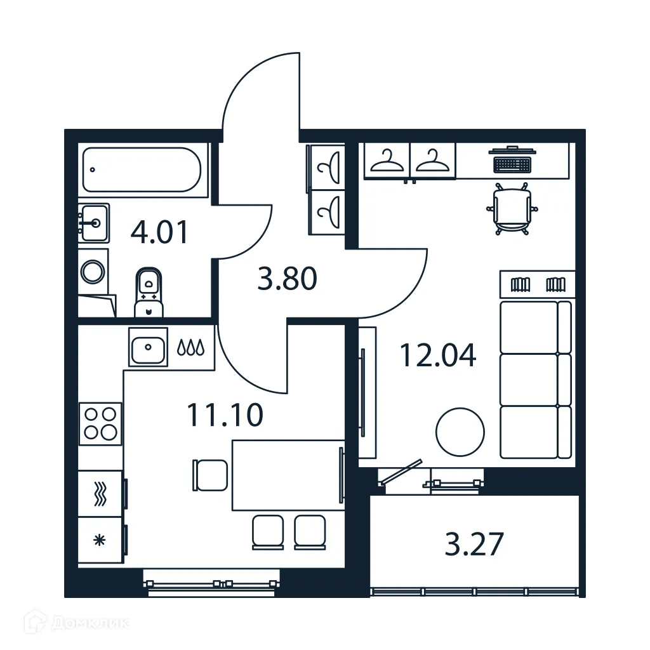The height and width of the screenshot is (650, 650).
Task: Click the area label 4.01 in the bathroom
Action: [x=159, y=233]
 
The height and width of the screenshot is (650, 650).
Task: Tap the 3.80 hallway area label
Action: [x=287, y=279]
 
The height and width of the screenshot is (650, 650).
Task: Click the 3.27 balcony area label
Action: [x=474, y=545]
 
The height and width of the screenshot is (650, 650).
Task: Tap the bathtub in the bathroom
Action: [x=142, y=169]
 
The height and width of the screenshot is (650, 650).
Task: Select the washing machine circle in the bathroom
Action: [x=93, y=272]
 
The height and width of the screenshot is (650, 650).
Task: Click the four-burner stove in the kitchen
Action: [x=100, y=423]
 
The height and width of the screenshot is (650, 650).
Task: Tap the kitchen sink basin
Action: [x=148, y=347]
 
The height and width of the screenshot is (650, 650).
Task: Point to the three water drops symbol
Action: [x=190, y=347]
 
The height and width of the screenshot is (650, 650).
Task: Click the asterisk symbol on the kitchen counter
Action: [x=98, y=541]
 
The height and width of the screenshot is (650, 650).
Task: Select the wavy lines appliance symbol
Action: [x=100, y=493]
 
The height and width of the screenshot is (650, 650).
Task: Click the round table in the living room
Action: [x=460, y=432]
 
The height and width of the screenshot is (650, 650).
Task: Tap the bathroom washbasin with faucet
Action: [x=94, y=222]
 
